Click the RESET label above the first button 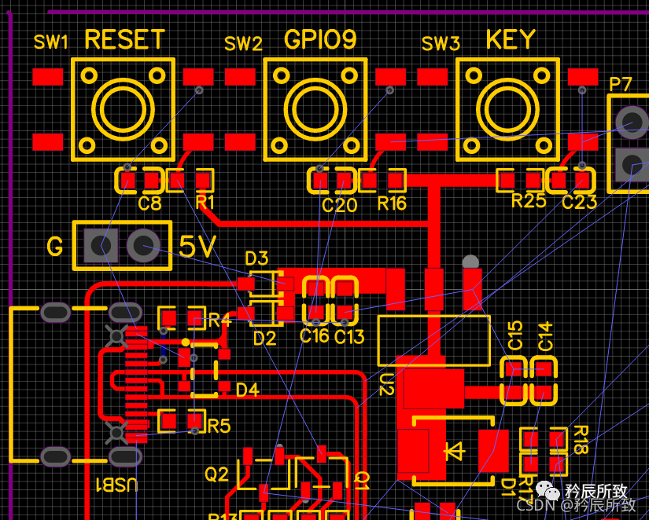(x=124, y=39)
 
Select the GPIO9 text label (x=320, y=39)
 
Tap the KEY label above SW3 (x=511, y=39)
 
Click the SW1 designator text (x=51, y=42)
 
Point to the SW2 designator (x=243, y=44)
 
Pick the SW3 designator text (x=441, y=44)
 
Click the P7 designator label (x=621, y=84)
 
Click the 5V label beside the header (x=197, y=247)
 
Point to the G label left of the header (x=54, y=247)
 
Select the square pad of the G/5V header (x=98, y=246)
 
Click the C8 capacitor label (x=149, y=204)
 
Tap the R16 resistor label (x=392, y=204)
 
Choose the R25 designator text (x=529, y=200)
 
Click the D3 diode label (x=256, y=258)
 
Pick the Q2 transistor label (x=216, y=474)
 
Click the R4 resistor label (x=219, y=320)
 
